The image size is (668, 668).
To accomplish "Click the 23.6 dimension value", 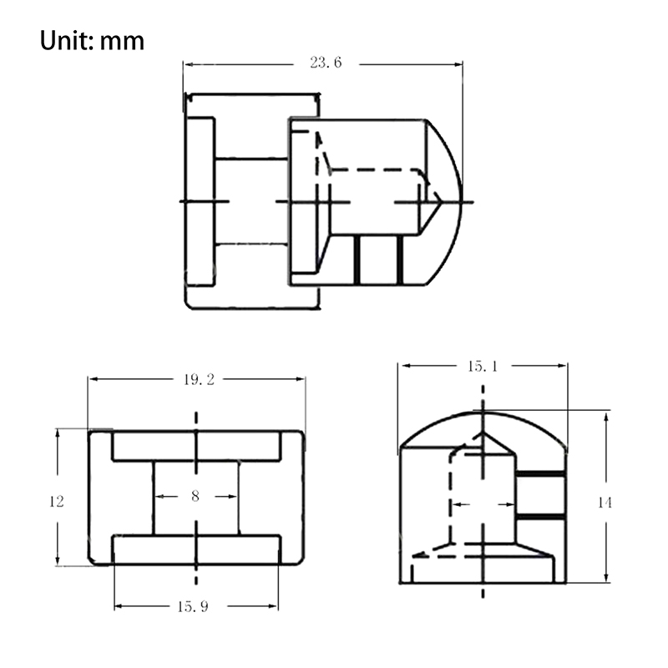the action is pyautogui.click(x=326, y=63).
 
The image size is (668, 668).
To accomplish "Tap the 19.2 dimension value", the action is pyautogui.click(x=199, y=380).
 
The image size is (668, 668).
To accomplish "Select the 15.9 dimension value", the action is pyautogui.click(x=193, y=607).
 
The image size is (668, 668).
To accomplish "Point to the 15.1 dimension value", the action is pyautogui.click(x=483, y=367).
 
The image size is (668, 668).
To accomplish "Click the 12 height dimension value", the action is pyautogui.click(x=56, y=502).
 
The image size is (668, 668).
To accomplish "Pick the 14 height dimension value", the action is pyautogui.click(x=605, y=504).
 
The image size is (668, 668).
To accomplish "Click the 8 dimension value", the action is pyautogui.click(x=195, y=496).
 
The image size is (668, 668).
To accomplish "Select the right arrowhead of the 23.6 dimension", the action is pyautogui.click(x=458, y=64).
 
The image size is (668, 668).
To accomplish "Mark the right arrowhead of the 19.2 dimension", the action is pyautogui.click(x=301, y=379).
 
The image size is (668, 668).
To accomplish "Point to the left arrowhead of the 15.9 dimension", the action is pyautogui.click(x=119, y=606).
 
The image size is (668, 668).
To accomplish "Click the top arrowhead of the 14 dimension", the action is pyautogui.click(x=606, y=417).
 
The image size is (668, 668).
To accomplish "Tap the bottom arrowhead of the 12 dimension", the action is pyautogui.click(x=58, y=559).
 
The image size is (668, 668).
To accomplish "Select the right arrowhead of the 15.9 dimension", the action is pyautogui.click(x=273, y=606).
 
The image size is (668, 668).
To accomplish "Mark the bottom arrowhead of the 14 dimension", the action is pyautogui.click(x=606, y=577).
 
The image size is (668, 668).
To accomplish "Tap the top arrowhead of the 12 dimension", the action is pyautogui.click(x=58, y=434).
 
